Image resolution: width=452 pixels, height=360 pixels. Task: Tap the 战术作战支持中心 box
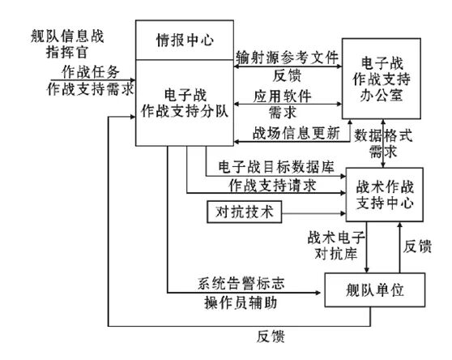(x=386, y=194)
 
